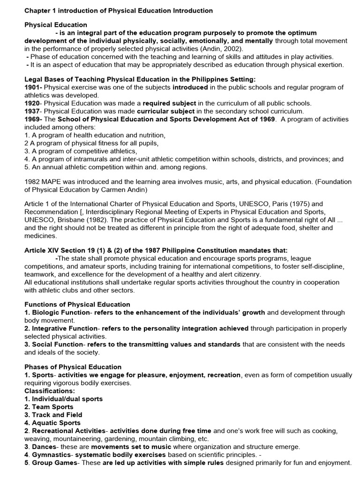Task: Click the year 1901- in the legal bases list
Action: click(33, 87)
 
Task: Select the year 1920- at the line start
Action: click(33, 103)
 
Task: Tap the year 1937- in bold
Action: click(33, 111)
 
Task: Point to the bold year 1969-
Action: click(33, 119)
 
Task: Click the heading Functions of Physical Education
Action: click(77, 304)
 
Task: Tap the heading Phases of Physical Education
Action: click(73, 367)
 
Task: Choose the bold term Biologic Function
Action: click(60, 312)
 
